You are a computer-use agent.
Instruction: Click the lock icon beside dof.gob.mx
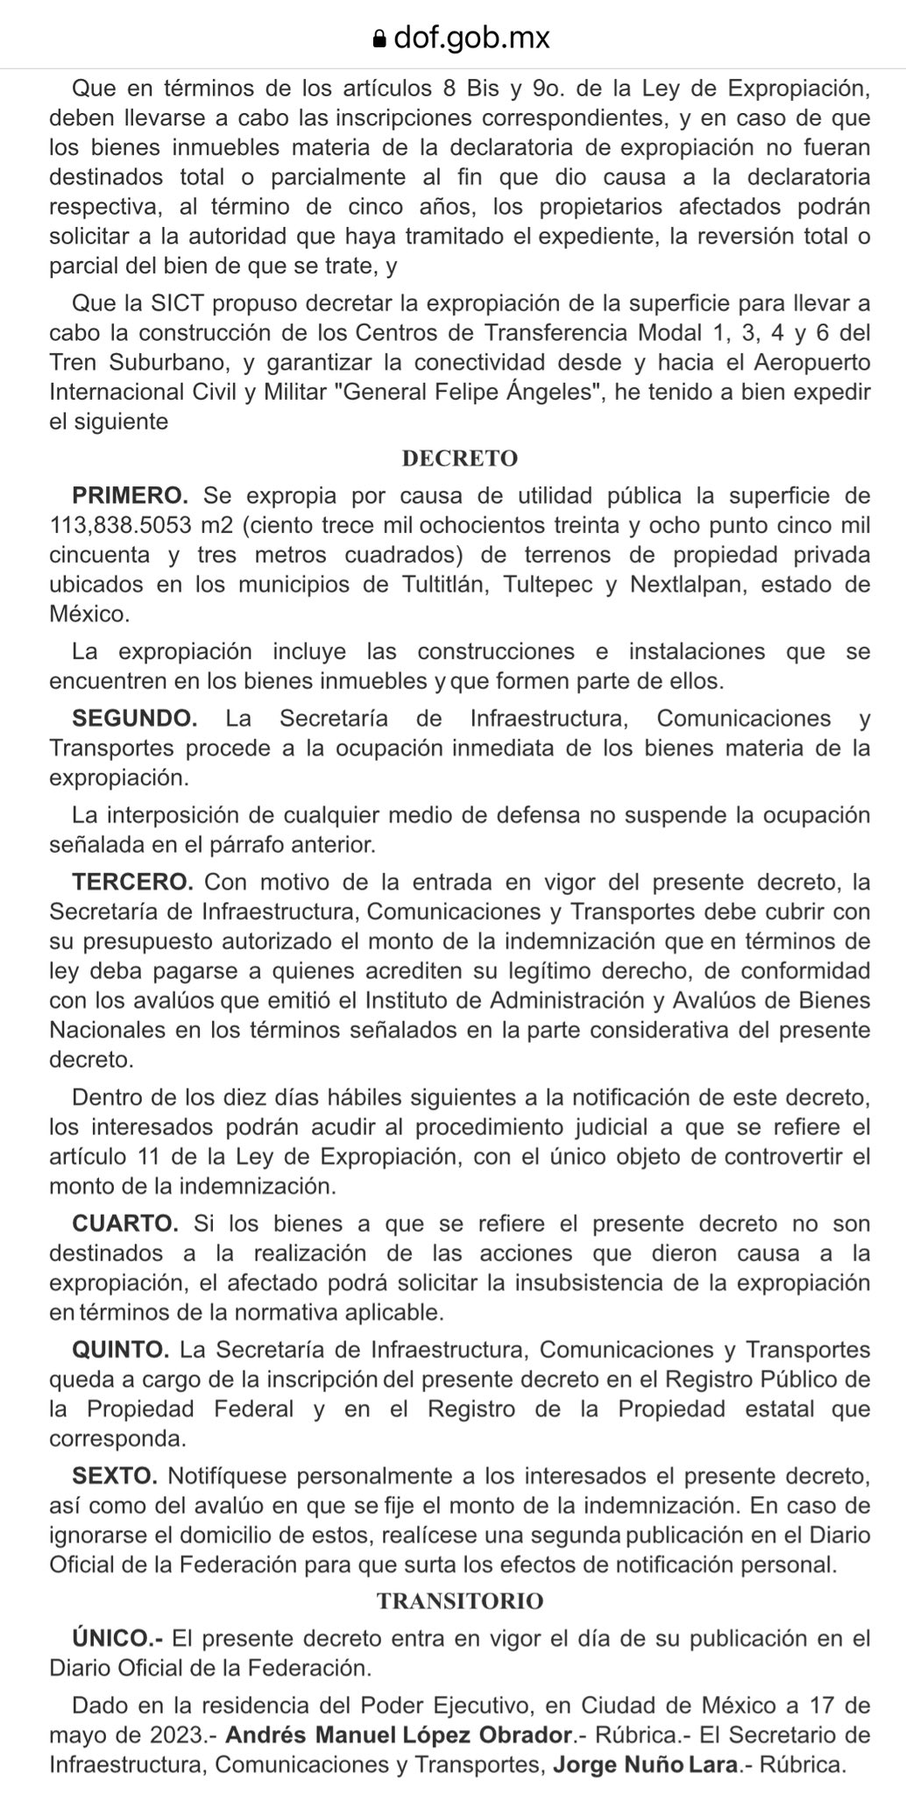pos(379,39)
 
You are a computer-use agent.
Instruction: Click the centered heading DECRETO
pos(460,458)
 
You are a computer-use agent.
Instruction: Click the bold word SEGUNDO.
pos(135,718)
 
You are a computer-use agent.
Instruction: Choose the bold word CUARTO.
pos(125,1223)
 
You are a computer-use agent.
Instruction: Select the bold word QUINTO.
pos(120,1349)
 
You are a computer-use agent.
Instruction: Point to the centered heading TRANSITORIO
pos(460,1601)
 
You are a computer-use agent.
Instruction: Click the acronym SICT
pos(178,304)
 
